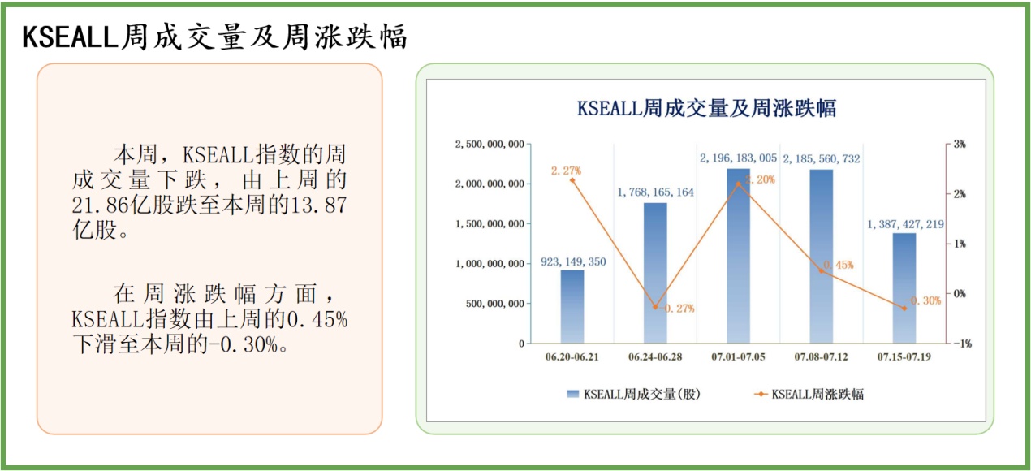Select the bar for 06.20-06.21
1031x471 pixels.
(x=572, y=306)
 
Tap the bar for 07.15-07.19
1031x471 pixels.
(x=904, y=288)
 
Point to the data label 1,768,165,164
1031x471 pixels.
(x=656, y=192)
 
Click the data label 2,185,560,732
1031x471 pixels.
(x=822, y=159)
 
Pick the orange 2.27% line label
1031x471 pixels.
(x=566, y=171)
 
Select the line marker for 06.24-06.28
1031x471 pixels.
(x=655, y=307)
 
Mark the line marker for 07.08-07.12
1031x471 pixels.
(x=822, y=271)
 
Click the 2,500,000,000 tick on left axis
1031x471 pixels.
(x=490, y=145)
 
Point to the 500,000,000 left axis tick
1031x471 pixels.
(x=496, y=304)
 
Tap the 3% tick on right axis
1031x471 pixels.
(x=960, y=145)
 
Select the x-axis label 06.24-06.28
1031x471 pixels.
(x=655, y=357)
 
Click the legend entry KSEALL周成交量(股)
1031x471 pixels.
(x=633, y=395)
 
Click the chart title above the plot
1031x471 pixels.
(x=706, y=108)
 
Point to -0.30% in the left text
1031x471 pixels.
(x=243, y=344)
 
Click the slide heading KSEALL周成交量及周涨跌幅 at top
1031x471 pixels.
(x=214, y=36)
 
